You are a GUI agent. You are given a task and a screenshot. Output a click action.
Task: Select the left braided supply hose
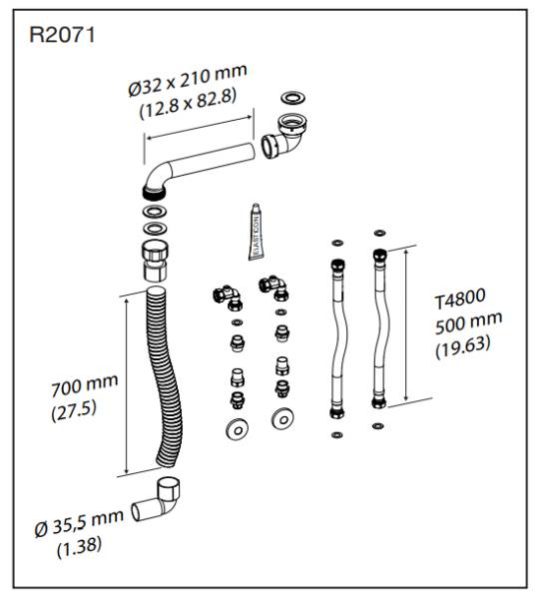[335, 335]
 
